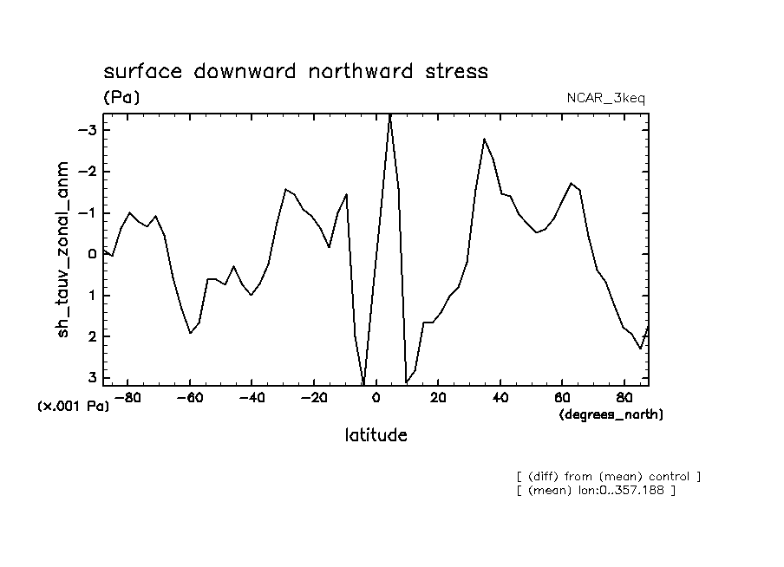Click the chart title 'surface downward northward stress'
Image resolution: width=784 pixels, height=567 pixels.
(x=296, y=71)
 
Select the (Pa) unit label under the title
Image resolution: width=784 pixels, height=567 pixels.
(x=121, y=97)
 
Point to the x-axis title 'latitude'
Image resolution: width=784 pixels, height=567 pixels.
(x=376, y=434)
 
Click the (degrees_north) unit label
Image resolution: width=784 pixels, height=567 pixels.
(x=611, y=414)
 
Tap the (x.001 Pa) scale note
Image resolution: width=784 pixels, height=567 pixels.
(x=74, y=406)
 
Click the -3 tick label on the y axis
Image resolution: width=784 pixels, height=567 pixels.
(x=89, y=130)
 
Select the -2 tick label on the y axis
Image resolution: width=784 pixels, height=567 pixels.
(x=89, y=172)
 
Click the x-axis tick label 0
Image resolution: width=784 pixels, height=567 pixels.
(x=376, y=398)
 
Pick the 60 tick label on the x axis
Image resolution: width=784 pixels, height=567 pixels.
(x=562, y=398)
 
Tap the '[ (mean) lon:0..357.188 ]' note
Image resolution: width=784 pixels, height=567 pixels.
(x=595, y=491)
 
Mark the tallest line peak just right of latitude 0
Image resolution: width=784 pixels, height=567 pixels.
(x=390, y=114)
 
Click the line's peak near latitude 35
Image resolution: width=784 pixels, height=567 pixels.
(x=484, y=139)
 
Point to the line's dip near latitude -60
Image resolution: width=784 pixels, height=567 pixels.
(x=190, y=333)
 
